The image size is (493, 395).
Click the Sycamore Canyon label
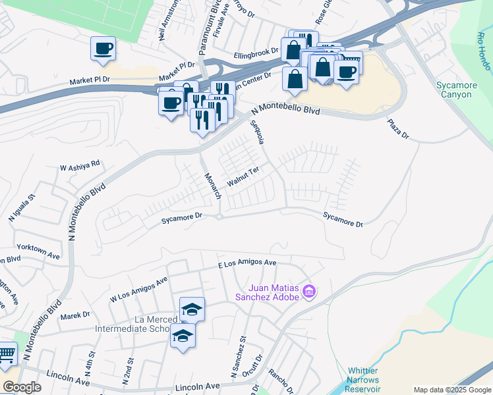(455, 90)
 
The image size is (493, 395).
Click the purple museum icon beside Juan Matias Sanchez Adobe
(309, 292)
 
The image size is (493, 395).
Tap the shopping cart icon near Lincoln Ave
(7, 356)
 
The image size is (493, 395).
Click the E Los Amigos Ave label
(247, 263)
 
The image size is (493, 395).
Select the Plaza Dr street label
(398, 128)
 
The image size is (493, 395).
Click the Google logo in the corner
(22, 387)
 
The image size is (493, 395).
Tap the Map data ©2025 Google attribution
(452, 390)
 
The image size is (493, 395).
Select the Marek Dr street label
(74, 316)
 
